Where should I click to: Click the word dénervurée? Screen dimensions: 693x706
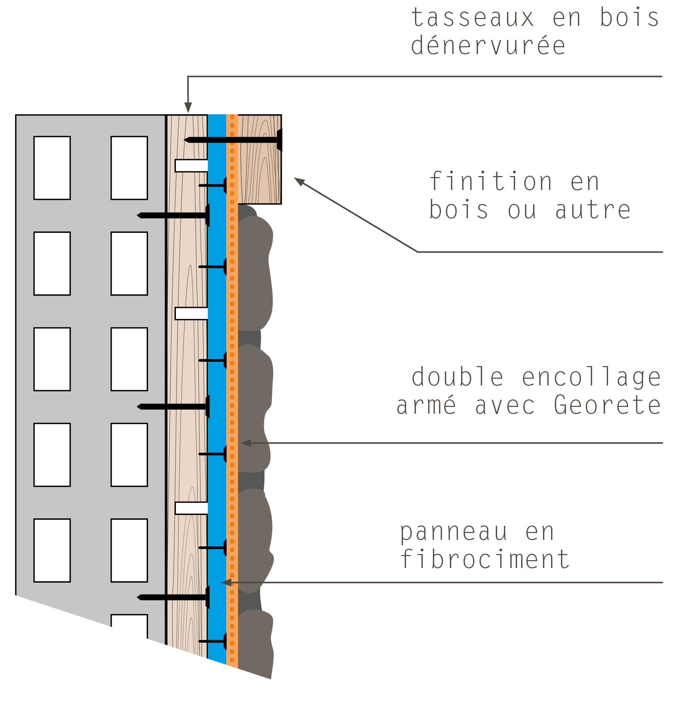click(488, 45)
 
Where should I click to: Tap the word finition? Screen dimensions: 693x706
click(490, 181)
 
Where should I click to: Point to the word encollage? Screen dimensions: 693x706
click(591, 377)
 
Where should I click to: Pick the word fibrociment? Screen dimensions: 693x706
click(485, 559)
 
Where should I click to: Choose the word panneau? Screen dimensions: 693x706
click(453, 533)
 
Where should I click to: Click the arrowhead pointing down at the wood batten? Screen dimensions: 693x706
click(188, 107)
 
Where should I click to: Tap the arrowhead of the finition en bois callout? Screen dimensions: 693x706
click(299, 182)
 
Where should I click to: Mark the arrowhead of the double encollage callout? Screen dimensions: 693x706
click(246, 443)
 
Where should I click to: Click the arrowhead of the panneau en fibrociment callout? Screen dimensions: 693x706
click(226, 583)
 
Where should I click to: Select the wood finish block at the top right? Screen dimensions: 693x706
click(259, 159)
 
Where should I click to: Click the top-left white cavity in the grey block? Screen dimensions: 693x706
click(52, 168)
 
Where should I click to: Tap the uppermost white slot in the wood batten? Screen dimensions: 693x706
click(192, 166)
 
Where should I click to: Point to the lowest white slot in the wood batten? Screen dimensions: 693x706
click(192, 508)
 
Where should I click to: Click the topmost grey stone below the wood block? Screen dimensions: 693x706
click(255, 273)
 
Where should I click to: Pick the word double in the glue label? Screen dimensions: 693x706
click(457, 377)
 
